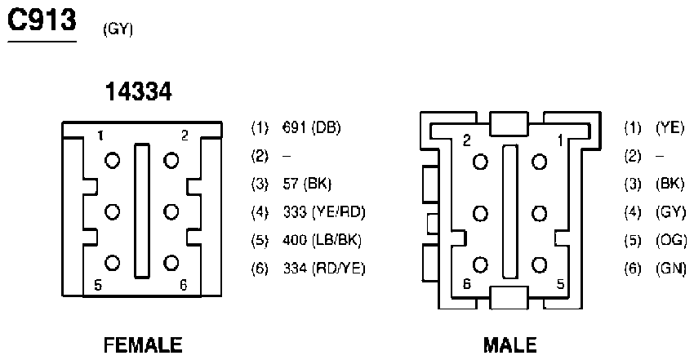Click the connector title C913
(42, 20)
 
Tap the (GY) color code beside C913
(118, 29)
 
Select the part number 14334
(139, 92)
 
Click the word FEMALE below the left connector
(143, 345)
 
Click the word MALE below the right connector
(510, 345)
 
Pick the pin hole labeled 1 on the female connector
(112, 160)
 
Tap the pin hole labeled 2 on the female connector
(171, 160)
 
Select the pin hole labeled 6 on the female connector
(171, 263)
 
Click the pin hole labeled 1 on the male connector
(539, 162)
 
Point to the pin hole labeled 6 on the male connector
(480, 265)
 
